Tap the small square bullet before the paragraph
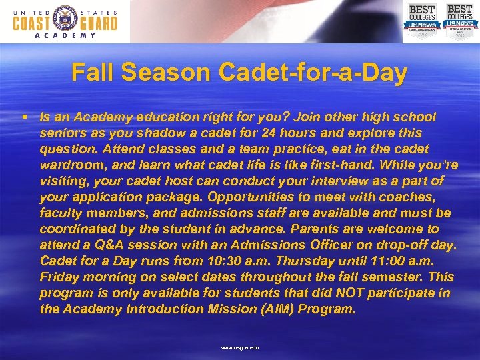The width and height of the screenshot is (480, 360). coord(23,117)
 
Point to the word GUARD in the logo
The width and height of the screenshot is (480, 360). coord(97,23)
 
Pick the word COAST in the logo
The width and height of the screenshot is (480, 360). coord(33,23)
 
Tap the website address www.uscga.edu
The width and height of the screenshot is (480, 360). coord(239,348)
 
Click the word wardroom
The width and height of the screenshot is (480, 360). coord(70,165)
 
